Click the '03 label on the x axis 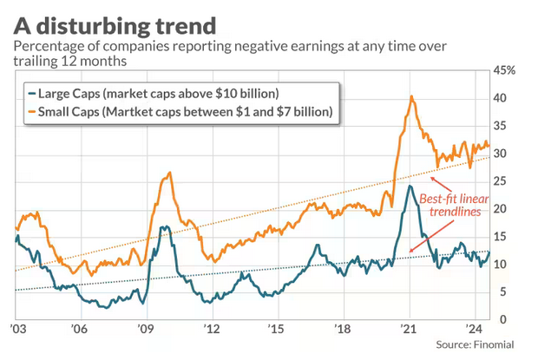(15, 331)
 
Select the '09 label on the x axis (145, 331)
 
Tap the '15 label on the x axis (275, 331)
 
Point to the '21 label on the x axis (406, 331)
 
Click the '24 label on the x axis (471, 331)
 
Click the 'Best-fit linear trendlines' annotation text (451, 205)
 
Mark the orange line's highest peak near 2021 (411, 96)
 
